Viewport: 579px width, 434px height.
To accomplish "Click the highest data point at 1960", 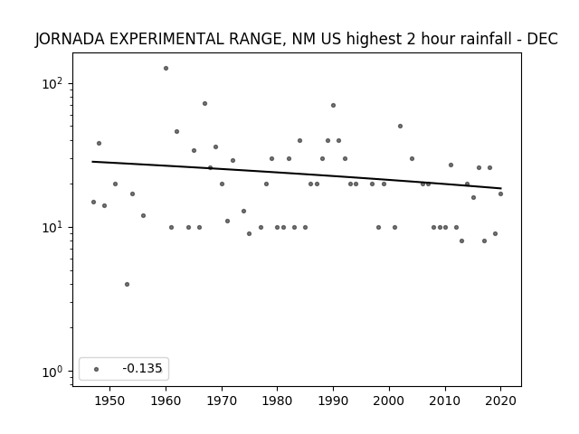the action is pyautogui.click(x=166, y=69).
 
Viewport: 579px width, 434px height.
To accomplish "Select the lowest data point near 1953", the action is pyautogui.click(x=127, y=284).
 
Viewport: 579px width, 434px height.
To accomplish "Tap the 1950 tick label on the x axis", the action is pyautogui.click(x=109, y=401).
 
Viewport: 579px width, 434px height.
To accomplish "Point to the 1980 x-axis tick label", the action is pyautogui.click(x=277, y=401).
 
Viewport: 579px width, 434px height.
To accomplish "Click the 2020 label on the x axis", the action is pyautogui.click(x=500, y=401).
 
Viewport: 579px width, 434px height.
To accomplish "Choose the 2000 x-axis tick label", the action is pyautogui.click(x=389, y=401).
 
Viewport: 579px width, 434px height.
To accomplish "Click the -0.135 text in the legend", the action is pyautogui.click(x=142, y=368).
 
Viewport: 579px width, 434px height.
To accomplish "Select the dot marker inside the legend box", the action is pyautogui.click(x=97, y=369).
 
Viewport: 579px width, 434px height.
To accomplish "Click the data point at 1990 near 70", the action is pyautogui.click(x=333, y=105).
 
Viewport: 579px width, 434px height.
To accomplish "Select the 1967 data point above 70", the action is pyautogui.click(x=204, y=103).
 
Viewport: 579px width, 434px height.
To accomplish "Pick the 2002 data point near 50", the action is pyautogui.click(x=400, y=127).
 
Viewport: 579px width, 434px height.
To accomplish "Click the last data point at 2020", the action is pyautogui.click(x=500, y=193).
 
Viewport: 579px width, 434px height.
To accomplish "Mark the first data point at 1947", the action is pyautogui.click(x=93, y=202).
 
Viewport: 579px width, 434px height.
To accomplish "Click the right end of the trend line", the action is pyautogui.click(x=501, y=188).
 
